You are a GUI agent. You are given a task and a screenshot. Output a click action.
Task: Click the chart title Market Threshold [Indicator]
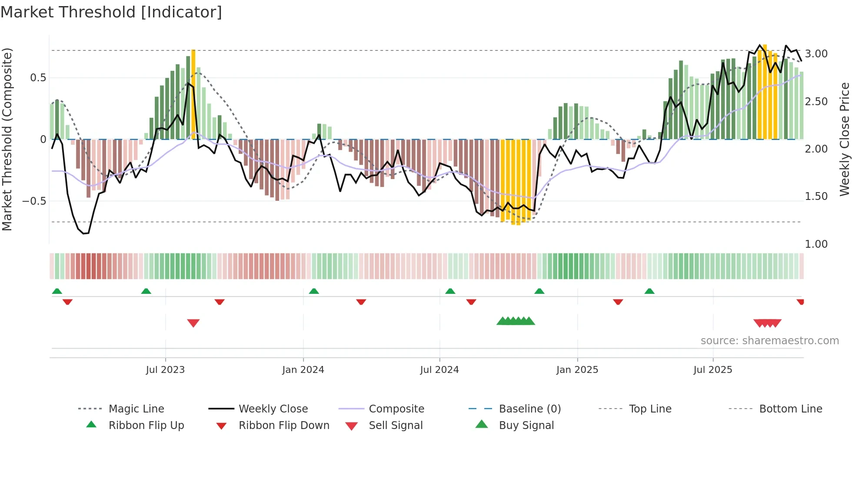pyautogui.click(x=111, y=12)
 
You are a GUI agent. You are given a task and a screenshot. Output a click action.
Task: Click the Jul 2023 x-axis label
pyautogui.click(x=165, y=370)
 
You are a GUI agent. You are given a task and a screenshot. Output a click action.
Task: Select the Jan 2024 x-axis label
pyautogui.click(x=303, y=370)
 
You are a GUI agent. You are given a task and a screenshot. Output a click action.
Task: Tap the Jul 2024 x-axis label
pyautogui.click(x=439, y=370)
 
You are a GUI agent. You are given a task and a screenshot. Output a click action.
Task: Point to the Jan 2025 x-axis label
pyautogui.click(x=577, y=370)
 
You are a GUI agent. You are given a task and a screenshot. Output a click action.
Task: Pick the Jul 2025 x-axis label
pyautogui.click(x=713, y=370)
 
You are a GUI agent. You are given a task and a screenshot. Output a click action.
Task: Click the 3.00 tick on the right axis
pyautogui.click(x=816, y=54)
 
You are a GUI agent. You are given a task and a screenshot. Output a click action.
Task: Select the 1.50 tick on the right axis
pyautogui.click(x=816, y=196)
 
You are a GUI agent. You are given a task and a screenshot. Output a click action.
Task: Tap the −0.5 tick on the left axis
pyautogui.click(x=34, y=201)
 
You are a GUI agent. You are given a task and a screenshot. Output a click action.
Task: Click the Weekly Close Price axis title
pyautogui.click(x=844, y=139)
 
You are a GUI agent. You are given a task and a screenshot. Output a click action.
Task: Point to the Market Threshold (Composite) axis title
pyautogui.click(x=7, y=139)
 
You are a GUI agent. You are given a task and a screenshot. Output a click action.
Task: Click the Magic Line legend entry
pyautogui.click(x=136, y=409)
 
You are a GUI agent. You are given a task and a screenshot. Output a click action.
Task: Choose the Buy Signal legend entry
pyautogui.click(x=526, y=426)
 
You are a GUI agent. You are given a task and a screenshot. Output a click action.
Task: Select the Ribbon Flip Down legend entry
pyautogui.click(x=284, y=426)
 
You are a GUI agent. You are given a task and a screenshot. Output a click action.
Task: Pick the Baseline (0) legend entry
pyautogui.click(x=529, y=409)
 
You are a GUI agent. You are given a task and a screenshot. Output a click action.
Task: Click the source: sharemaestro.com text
pyautogui.click(x=769, y=341)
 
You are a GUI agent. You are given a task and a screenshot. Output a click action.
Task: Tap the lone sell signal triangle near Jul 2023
pyautogui.click(x=193, y=323)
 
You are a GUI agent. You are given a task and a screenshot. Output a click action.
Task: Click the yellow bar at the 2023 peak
pyautogui.click(x=193, y=93)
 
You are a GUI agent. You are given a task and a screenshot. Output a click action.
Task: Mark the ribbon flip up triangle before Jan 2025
pyautogui.click(x=539, y=291)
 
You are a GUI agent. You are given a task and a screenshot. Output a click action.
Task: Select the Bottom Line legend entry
pyautogui.click(x=790, y=409)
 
